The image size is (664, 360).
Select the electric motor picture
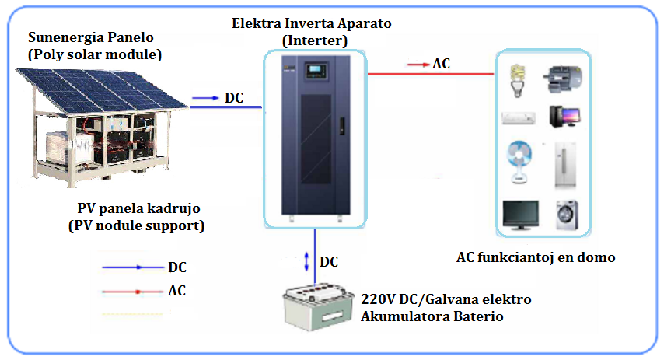click(565, 76)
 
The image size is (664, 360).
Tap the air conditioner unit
click(518, 118)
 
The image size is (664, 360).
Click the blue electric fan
click(518, 162)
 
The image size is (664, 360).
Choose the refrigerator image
click(564, 164)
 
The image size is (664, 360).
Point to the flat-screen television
click(519, 215)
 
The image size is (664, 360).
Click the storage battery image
click(318, 307)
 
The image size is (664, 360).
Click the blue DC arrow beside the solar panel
click(205, 98)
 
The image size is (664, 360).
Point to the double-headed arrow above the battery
click(307, 260)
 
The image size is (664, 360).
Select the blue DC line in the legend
click(133, 267)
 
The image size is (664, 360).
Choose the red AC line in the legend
click(133, 292)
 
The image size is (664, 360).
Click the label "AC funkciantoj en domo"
click(536, 257)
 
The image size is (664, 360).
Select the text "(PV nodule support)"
click(135, 226)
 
